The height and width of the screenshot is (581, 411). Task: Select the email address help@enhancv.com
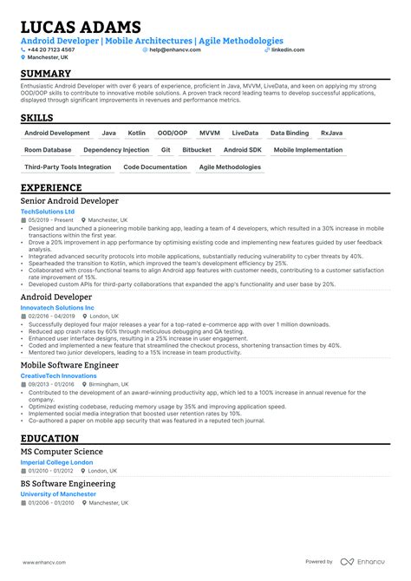(175, 49)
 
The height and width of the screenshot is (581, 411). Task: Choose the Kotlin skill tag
(136, 134)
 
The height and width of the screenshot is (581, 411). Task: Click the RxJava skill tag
(331, 134)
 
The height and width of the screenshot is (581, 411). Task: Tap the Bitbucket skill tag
(197, 150)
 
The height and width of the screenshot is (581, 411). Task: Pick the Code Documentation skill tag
(155, 166)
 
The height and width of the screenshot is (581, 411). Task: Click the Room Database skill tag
(48, 150)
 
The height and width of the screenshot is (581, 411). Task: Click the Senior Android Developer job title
(69, 200)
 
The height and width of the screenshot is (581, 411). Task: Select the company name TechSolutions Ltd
(48, 212)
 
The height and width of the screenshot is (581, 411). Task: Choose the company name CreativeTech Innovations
(58, 376)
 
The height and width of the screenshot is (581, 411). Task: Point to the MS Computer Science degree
(62, 452)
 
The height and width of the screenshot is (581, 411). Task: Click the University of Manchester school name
(58, 494)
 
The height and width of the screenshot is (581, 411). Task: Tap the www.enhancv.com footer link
(44, 561)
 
